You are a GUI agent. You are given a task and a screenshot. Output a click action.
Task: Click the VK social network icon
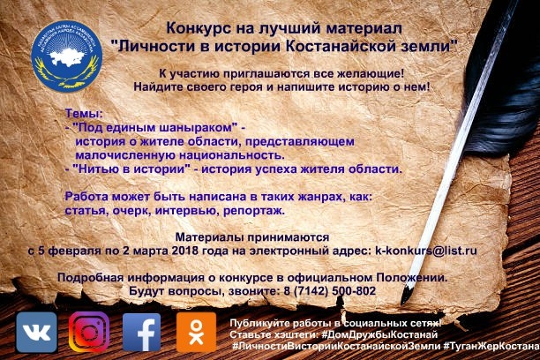tap(36, 333)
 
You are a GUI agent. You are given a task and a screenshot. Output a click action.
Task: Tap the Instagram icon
tap(89, 332)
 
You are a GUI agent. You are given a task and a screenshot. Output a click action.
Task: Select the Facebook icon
tap(141, 333)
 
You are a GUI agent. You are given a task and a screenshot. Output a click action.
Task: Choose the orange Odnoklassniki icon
tap(196, 333)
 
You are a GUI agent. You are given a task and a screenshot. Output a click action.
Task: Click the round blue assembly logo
tap(67, 56)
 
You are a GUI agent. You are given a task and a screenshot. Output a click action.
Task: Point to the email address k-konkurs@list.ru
tap(426, 251)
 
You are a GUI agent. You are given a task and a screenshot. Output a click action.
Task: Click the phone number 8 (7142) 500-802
tap(330, 291)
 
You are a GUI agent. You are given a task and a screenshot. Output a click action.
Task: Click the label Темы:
tap(84, 113)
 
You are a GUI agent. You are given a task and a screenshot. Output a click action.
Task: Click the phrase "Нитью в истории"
tap(131, 169)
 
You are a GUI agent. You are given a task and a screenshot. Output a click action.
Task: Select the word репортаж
tap(254, 211)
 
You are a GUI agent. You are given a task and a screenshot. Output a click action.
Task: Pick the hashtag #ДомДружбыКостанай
tap(379, 334)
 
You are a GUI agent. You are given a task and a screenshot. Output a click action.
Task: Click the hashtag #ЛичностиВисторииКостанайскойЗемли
tap(336, 346)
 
